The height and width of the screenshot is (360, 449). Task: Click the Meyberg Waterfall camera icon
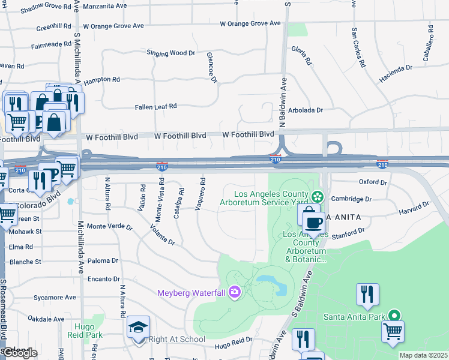234,293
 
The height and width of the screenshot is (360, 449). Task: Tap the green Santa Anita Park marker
394,315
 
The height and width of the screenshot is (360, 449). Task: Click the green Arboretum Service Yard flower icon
318,196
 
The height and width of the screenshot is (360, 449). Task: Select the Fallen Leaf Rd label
156,106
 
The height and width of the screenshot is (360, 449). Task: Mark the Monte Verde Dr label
109,226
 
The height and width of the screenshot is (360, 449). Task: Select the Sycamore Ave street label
55,297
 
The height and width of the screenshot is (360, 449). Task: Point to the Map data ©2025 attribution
423,355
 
